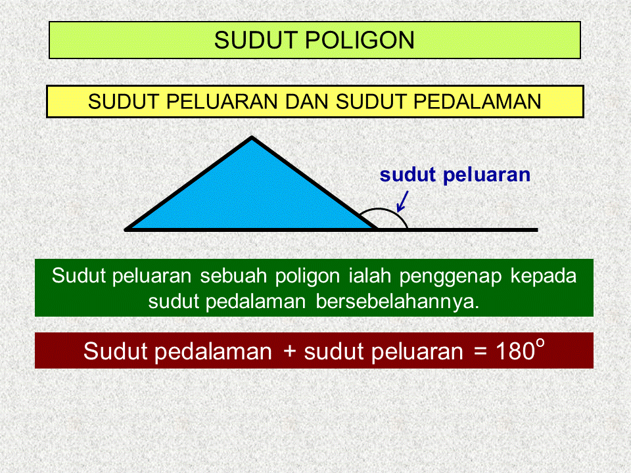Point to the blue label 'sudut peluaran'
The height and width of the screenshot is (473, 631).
point(455,175)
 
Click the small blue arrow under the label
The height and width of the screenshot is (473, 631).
point(402,201)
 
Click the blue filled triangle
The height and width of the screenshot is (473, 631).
point(252,197)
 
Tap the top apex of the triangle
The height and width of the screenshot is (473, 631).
point(252,138)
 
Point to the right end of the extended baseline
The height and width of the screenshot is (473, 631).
point(536,230)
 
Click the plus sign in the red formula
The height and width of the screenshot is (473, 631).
point(290,353)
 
